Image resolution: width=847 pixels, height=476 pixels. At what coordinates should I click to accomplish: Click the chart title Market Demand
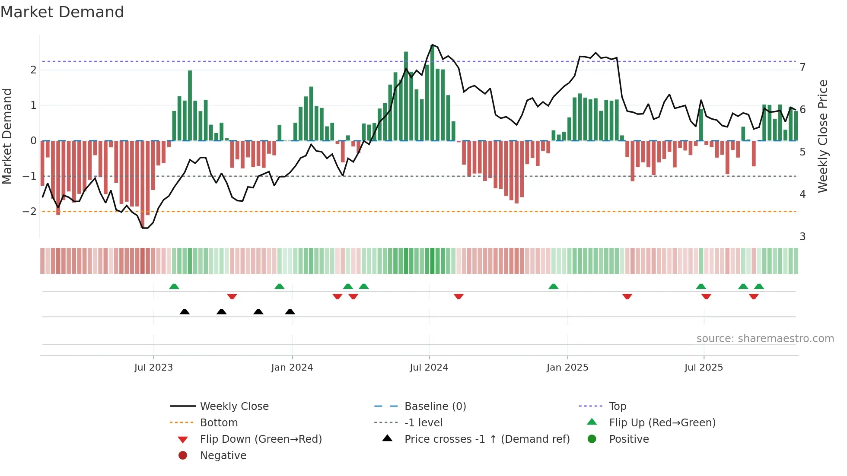[62, 12]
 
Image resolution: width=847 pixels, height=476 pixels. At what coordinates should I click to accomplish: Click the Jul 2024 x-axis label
[429, 368]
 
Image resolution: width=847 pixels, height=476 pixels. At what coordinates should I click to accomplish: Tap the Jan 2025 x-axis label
[567, 368]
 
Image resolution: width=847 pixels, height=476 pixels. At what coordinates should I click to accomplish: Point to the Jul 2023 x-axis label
[153, 368]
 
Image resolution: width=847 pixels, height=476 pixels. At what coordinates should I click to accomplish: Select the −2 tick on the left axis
[29, 212]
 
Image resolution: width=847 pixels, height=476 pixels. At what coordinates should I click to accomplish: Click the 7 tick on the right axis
[802, 67]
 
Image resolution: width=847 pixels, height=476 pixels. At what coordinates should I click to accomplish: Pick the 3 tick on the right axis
[802, 237]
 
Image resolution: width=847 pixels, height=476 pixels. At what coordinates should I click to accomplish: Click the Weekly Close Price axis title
[823, 136]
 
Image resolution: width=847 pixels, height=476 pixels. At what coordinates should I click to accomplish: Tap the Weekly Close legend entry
[234, 406]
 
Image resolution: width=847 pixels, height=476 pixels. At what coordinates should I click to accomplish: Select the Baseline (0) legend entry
[435, 406]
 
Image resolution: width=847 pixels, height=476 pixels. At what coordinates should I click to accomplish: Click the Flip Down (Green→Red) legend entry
[261, 439]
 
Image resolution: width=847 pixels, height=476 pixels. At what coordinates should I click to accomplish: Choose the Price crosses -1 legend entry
[487, 439]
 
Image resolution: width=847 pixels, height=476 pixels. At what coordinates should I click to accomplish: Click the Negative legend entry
[223, 456]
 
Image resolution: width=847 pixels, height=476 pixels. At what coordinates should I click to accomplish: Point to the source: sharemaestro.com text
[765, 339]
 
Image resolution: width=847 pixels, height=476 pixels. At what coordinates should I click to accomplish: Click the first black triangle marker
[185, 312]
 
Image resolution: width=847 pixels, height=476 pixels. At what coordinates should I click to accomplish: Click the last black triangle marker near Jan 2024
[290, 312]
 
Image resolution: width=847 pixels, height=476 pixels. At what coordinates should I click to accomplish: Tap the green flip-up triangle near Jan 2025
[553, 286]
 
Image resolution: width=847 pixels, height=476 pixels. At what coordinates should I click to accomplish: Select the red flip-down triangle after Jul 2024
[459, 296]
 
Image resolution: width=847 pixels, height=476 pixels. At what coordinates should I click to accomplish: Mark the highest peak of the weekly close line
[432, 45]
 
